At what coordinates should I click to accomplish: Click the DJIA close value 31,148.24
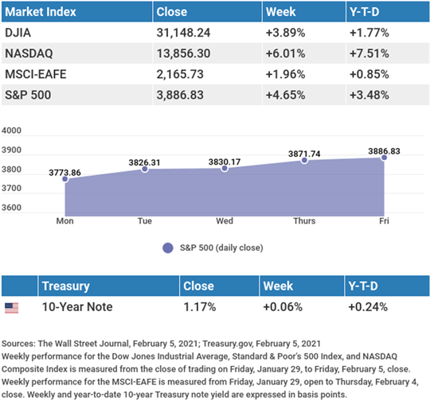pyautogui.click(x=183, y=33)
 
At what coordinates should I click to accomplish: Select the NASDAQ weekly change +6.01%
pyautogui.click(x=285, y=53)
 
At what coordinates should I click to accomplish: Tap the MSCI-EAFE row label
pyautogui.click(x=36, y=74)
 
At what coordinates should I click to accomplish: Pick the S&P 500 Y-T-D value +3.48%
pyautogui.click(x=369, y=95)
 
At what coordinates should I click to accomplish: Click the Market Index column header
pyautogui.click(x=41, y=12)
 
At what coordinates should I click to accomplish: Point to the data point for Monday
pyautogui.click(x=65, y=179)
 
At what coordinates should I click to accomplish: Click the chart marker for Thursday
pyautogui.click(x=304, y=160)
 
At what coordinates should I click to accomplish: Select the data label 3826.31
pyautogui.click(x=144, y=162)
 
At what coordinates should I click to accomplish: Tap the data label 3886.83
pyautogui.click(x=384, y=151)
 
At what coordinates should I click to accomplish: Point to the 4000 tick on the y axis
pyautogui.click(x=11, y=130)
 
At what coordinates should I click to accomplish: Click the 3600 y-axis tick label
pyautogui.click(x=11, y=208)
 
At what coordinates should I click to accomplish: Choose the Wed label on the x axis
pyautogui.click(x=225, y=221)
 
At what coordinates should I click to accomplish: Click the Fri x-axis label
pyautogui.click(x=384, y=221)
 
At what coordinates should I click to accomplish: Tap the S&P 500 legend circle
pyautogui.click(x=168, y=248)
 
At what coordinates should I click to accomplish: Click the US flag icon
pyautogui.click(x=11, y=308)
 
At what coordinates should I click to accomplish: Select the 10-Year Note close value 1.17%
pyautogui.click(x=200, y=307)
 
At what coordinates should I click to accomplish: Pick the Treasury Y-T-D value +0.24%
pyautogui.click(x=368, y=307)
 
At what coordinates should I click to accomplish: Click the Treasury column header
pyautogui.click(x=66, y=286)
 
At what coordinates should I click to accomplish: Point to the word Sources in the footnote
pyautogui.click(x=18, y=344)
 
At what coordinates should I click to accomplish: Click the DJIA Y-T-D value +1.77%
pyautogui.click(x=369, y=33)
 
